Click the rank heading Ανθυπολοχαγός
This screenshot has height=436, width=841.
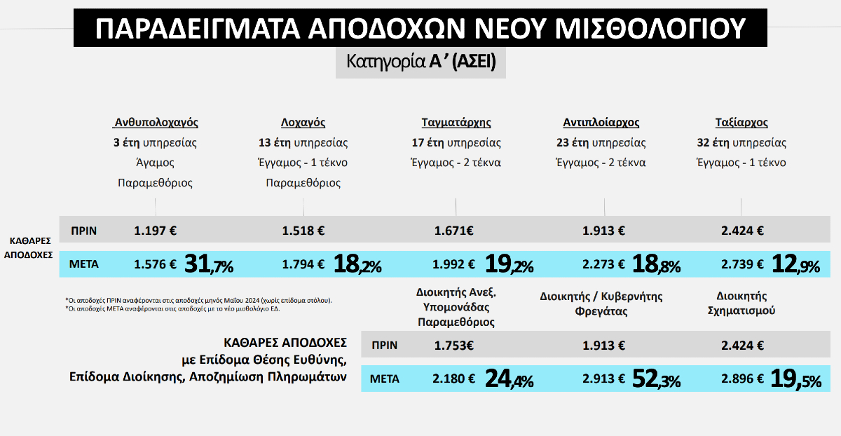click(x=156, y=123)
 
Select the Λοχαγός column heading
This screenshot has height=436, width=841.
click(x=303, y=123)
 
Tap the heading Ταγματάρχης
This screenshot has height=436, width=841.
click(x=456, y=123)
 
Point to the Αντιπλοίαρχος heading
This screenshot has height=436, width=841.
click(x=601, y=123)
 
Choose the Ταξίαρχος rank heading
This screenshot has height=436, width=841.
click(x=741, y=123)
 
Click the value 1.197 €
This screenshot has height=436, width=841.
click(x=156, y=230)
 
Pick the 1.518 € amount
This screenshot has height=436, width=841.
click(x=303, y=230)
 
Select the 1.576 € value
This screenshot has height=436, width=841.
click(x=156, y=264)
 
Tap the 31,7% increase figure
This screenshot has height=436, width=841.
click(x=208, y=264)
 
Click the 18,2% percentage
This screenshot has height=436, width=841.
click(x=357, y=264)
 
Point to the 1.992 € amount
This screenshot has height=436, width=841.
click(x=454, y=264)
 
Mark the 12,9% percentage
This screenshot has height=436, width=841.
click(x=795, y=264)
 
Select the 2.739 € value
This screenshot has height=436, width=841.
click(x=742, y=264)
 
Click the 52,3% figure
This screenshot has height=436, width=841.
click(x=656, y=379)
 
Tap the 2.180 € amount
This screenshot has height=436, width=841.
click(x=454, y=379)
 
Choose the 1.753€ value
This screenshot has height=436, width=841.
click(x=454, y=345)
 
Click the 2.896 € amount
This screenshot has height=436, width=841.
click(x=742, y=379)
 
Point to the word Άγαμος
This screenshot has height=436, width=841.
click(x=155, y=163)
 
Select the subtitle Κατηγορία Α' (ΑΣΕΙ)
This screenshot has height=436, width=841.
click(x=420, y=62)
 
